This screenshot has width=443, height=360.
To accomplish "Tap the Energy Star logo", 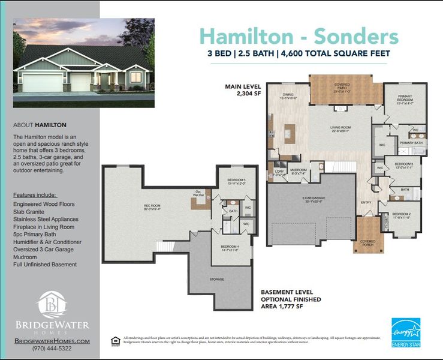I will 406,332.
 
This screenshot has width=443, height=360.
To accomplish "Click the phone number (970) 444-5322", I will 52,348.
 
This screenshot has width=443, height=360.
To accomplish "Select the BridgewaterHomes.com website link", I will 52,340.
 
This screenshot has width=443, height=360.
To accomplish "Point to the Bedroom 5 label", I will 236,182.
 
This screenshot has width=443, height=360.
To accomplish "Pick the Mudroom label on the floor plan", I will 299,170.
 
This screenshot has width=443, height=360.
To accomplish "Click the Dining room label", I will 288,95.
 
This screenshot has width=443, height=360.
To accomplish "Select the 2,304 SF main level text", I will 237,94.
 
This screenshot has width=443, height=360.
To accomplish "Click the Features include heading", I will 35,195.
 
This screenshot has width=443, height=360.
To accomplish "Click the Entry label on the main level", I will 366,202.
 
